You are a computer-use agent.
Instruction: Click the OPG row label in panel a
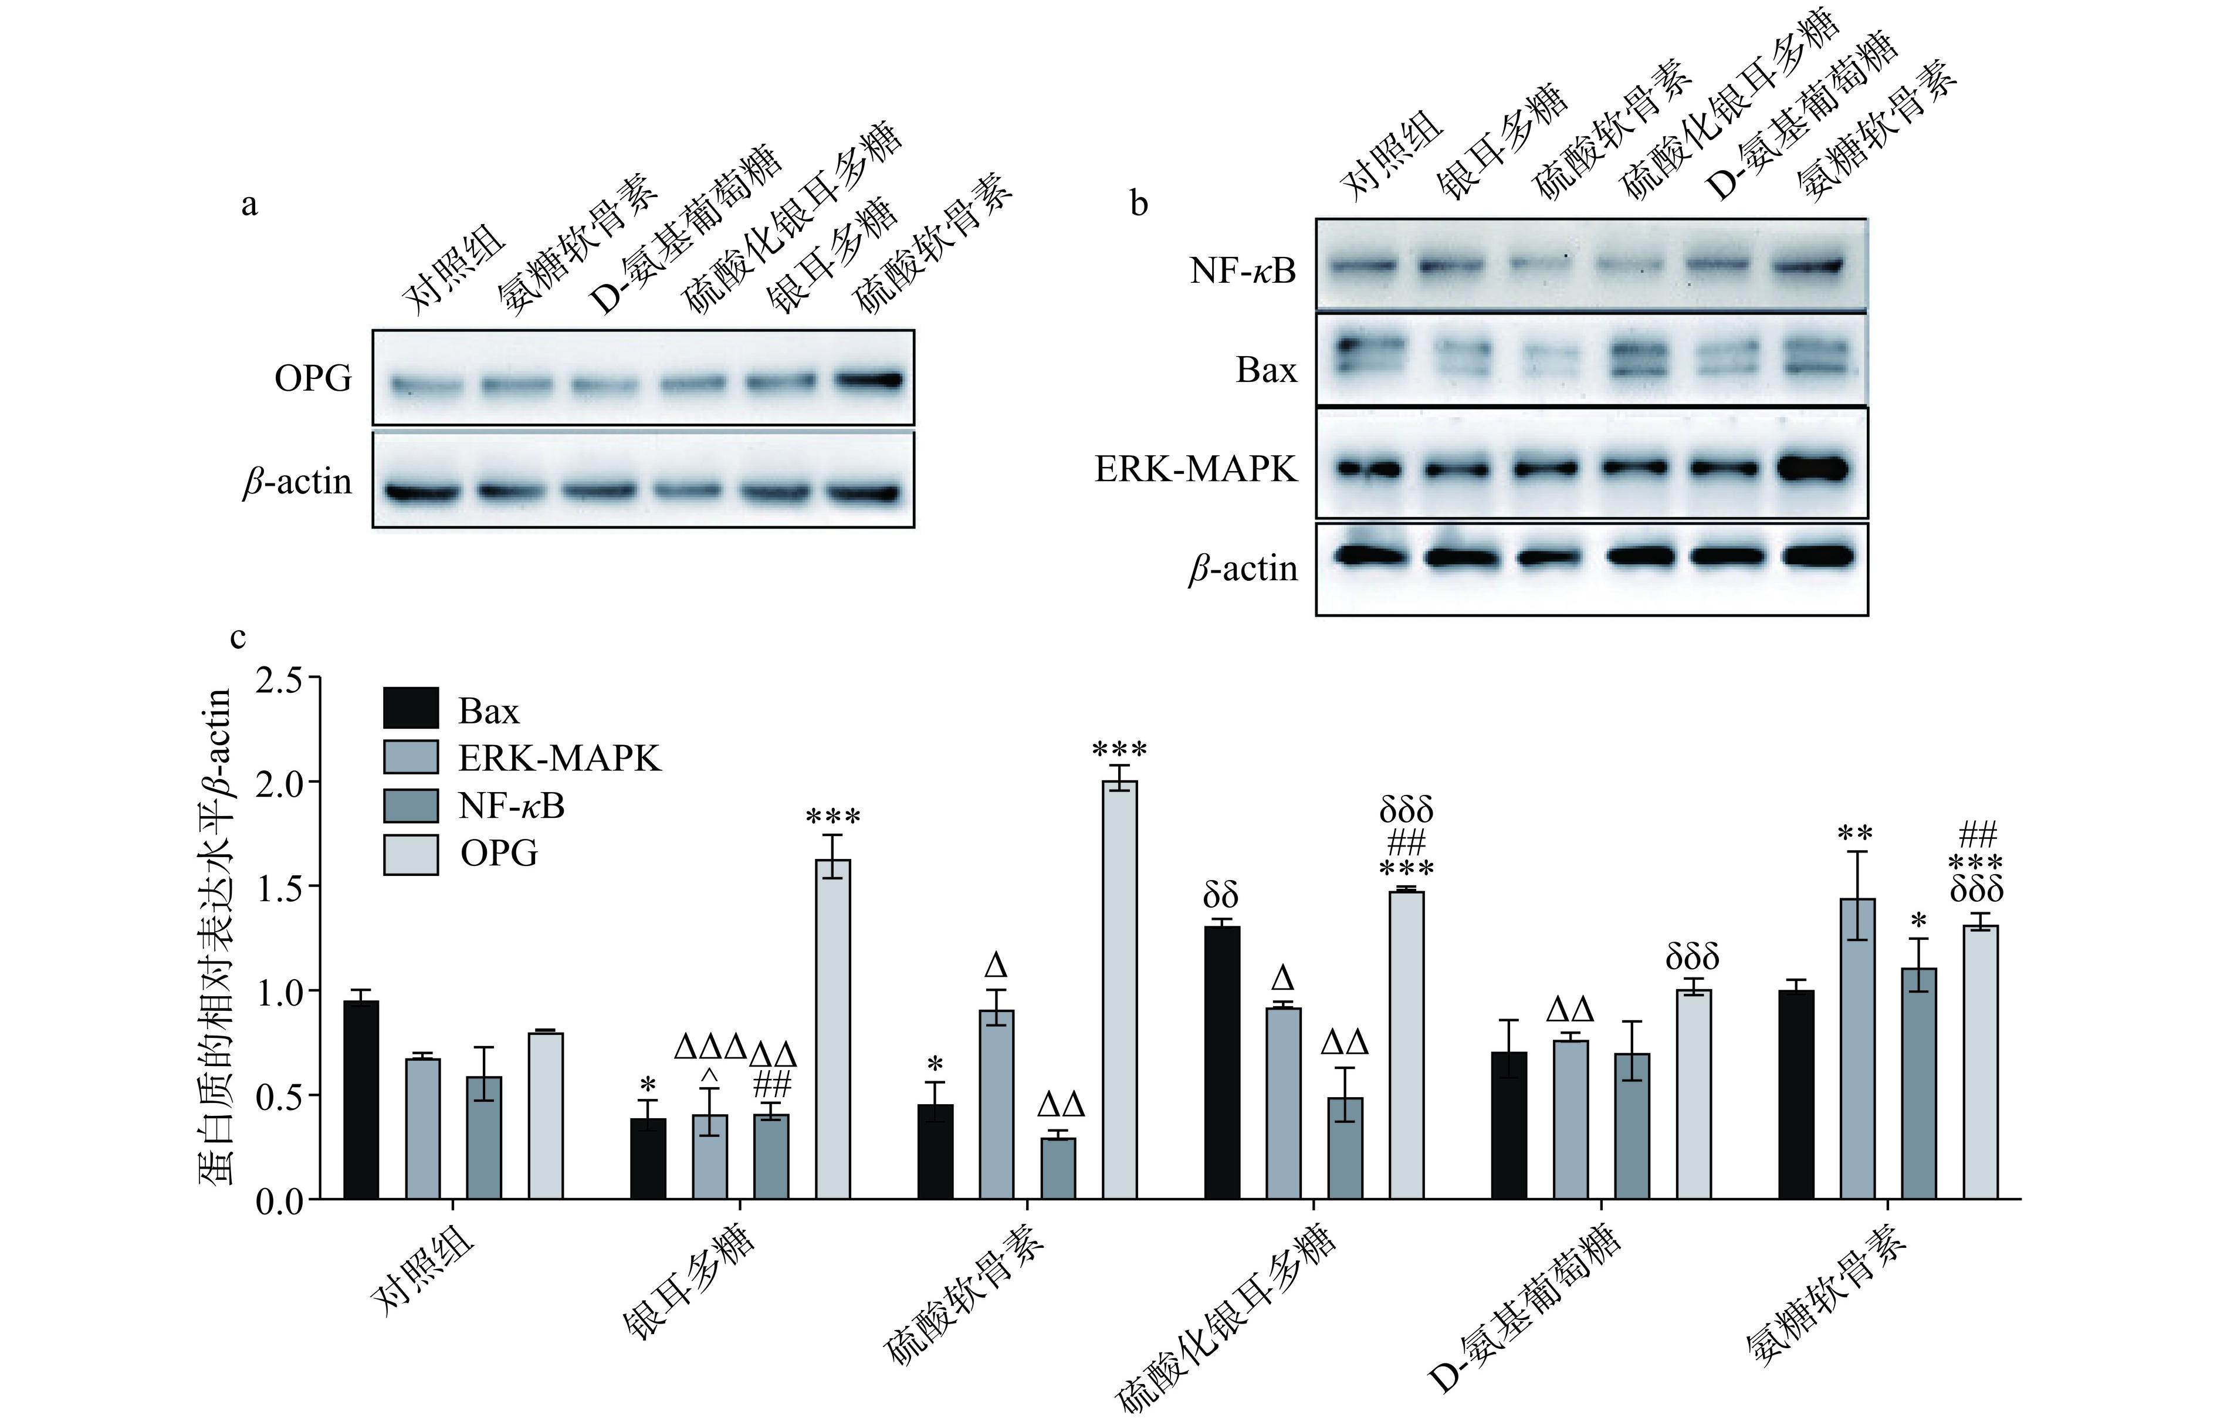click(x=313, y=379)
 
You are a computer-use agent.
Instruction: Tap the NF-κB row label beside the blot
click(x=1243, y=271)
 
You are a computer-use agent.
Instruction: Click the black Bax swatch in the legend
click(x=410, y=709)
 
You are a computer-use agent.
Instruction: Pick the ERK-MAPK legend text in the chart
click(x=559, y=759)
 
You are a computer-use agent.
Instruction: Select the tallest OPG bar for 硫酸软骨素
click(x=1119, y=990)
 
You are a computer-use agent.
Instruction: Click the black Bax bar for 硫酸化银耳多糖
click(x=1221, y=1062)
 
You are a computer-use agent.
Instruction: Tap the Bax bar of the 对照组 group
click(x=361, y=1099)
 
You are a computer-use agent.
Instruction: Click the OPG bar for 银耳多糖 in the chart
click(x=832, y=1029)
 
